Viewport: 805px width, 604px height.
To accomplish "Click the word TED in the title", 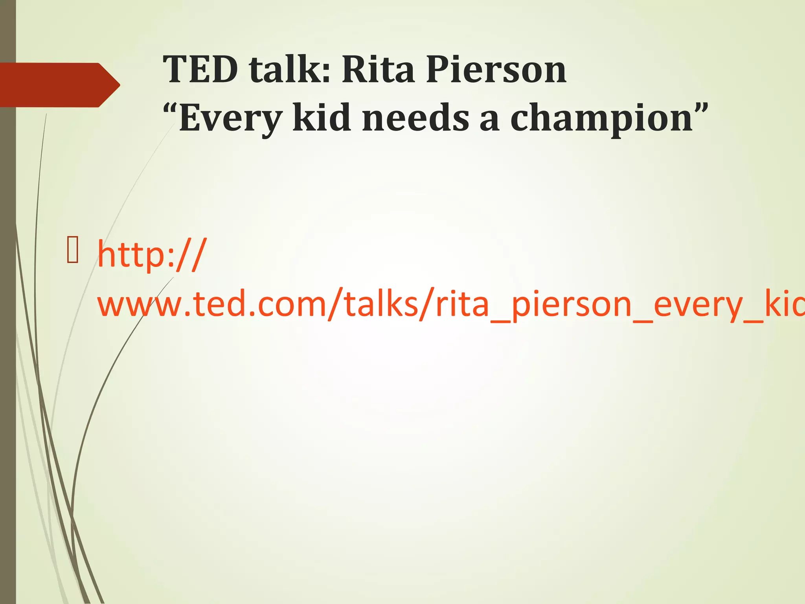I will [x=200, y=70].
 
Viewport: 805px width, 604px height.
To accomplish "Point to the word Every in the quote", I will [x=230, y=118].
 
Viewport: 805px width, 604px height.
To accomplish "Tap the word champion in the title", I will [x=601, y=118].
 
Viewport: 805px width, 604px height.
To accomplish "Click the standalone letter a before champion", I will [x=489, y=120].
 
